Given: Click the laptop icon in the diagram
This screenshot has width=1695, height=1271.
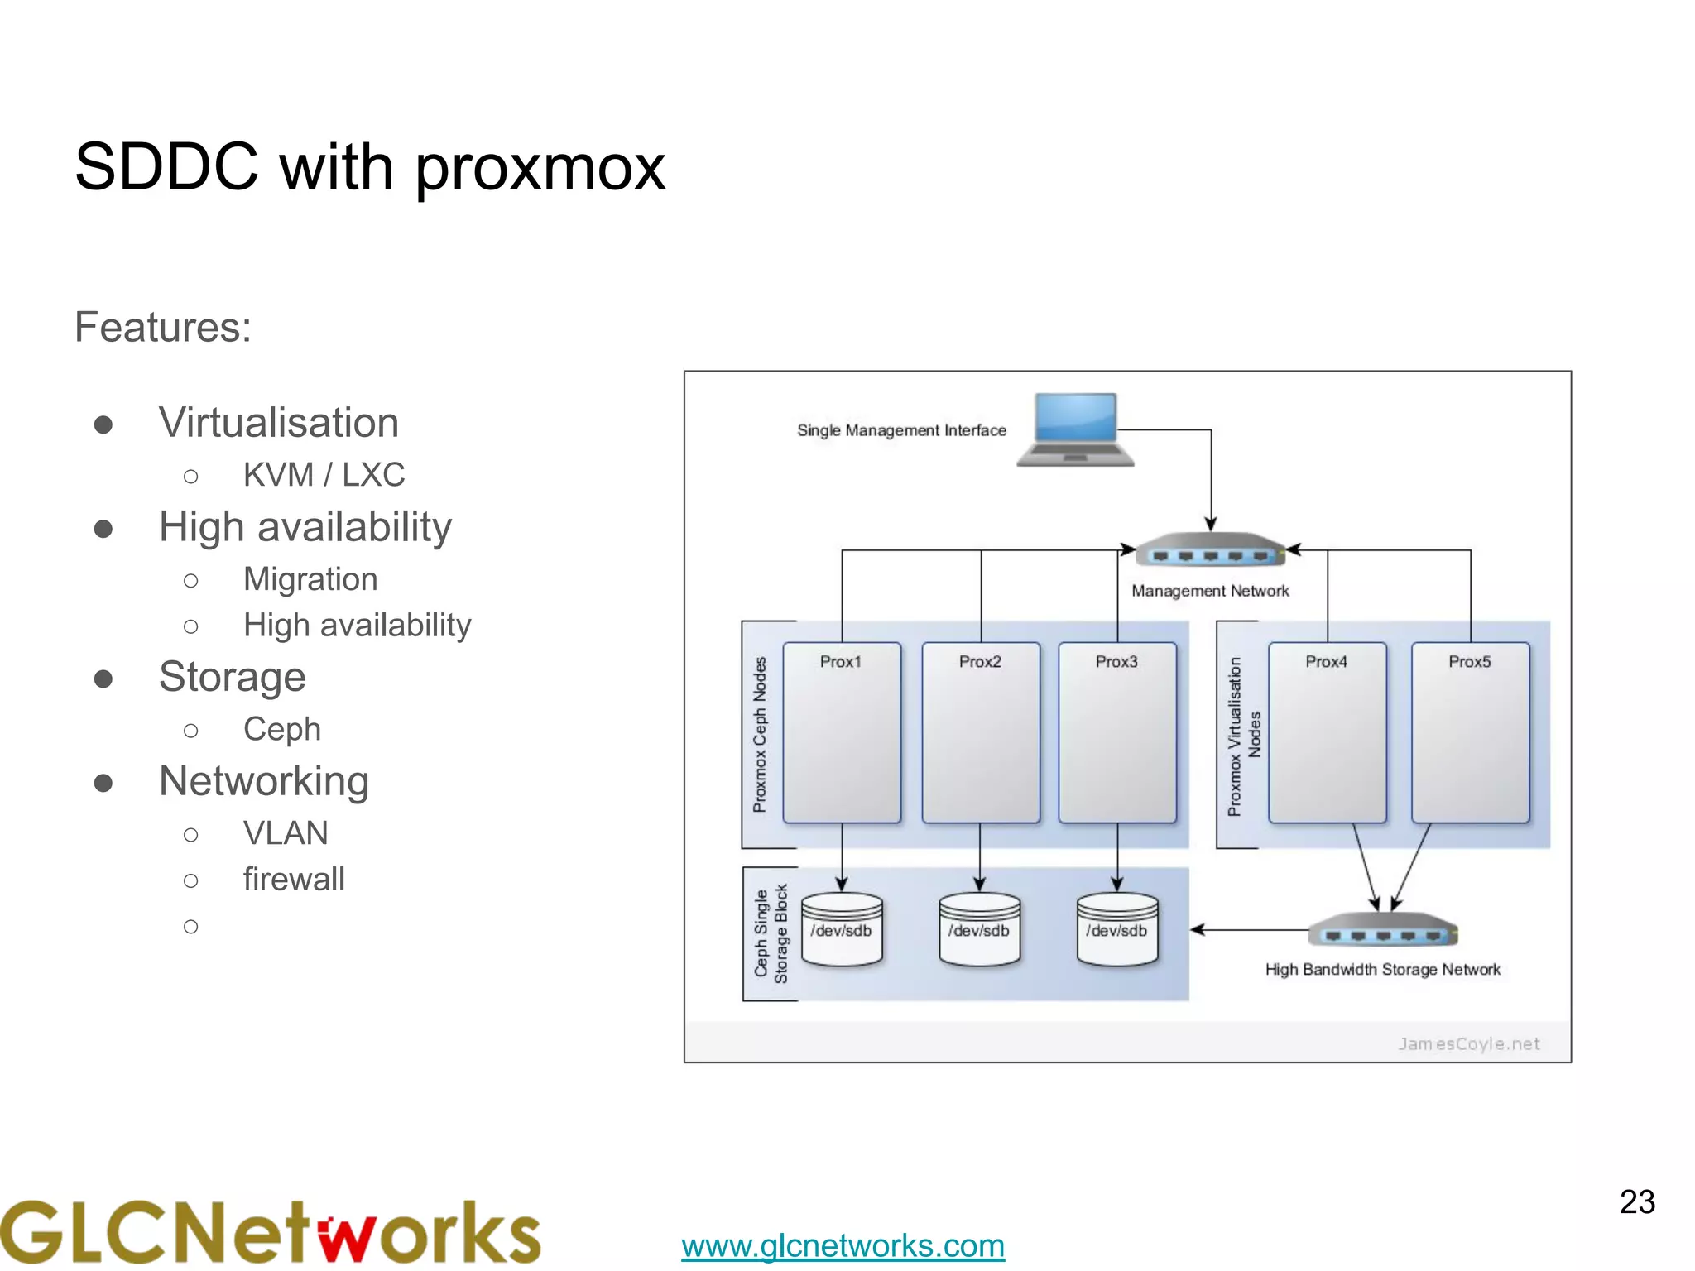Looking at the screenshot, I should tap(1075, 429).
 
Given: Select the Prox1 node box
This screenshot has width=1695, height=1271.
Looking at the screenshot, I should tap(842, 732).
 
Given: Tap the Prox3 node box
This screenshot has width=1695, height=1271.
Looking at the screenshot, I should tap(1117, 732).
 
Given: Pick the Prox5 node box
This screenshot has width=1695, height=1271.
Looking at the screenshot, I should tap(1470, 732).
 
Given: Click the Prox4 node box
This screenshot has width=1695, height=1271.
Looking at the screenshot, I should tap(1327, 732).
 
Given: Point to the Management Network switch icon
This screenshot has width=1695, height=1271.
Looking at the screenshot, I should tap(1210, 550).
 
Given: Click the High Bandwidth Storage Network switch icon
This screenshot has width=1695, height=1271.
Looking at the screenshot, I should tap(1382, 931).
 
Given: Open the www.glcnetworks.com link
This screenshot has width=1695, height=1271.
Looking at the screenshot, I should tap(843, 1245).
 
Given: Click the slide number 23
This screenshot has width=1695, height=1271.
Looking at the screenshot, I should tap(1637, 1201).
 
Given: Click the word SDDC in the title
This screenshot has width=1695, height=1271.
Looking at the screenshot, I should tap(166, 167).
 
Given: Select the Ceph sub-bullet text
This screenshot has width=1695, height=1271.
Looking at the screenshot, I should tap(281, 729).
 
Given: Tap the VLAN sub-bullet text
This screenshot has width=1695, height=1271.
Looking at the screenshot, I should tap(286, 833).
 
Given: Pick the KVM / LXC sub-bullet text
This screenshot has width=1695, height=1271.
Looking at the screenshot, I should tap(324, 475).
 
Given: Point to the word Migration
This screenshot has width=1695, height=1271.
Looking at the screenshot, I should tap(310, 579).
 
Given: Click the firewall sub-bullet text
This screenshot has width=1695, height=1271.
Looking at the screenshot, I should tap(294, 880).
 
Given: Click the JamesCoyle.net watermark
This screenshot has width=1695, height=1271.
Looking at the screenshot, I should tap(1468, 1043).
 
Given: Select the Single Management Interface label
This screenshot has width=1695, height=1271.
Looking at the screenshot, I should tap(901, 430).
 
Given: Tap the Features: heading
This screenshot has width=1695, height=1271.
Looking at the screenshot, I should tap(163, 327).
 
